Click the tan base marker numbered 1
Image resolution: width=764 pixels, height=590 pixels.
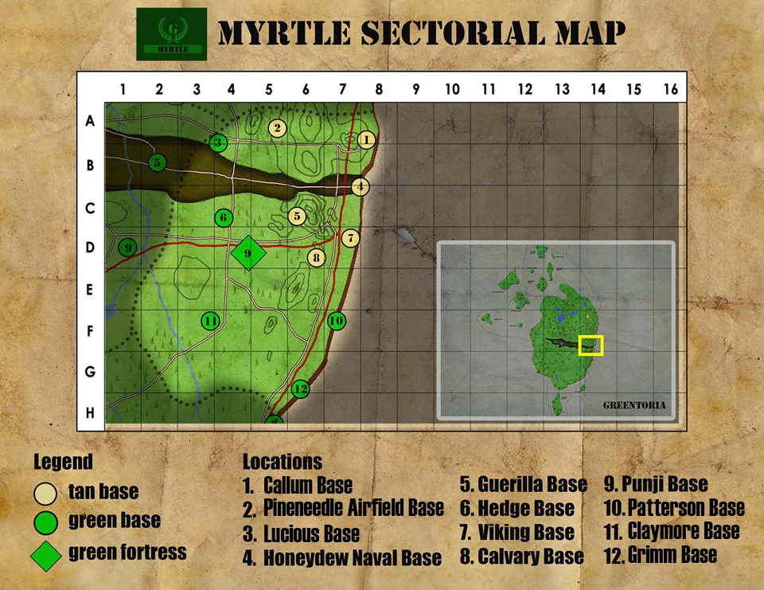366,140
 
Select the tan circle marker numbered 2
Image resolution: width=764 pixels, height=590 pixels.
277,127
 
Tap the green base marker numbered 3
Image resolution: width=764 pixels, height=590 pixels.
218,143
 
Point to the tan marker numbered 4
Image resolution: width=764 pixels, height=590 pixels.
361,187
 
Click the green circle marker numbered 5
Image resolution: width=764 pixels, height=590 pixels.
158,162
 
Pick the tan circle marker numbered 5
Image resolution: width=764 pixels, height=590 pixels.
297,216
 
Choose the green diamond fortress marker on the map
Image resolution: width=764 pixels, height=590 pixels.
248,253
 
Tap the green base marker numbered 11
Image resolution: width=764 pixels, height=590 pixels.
210,321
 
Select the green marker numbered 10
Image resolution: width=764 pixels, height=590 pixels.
337,320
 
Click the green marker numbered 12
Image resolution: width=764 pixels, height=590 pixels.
300,389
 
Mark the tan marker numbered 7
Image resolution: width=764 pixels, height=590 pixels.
350,237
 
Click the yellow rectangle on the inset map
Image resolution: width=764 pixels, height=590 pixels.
591,346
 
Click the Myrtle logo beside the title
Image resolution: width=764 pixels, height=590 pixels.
171,34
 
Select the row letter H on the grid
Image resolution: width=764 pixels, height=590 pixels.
90,412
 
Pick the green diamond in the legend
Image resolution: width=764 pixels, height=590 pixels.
45,555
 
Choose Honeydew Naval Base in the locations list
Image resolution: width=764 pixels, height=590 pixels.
352,558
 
